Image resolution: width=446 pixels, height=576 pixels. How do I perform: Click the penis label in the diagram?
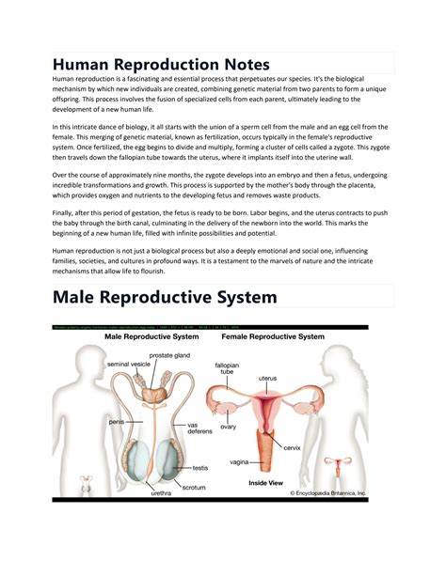click(x=115, y=422)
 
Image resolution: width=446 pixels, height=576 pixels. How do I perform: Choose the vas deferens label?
click(x=200, y=428)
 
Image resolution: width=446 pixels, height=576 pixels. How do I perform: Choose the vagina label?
click(x=239, y=462)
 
